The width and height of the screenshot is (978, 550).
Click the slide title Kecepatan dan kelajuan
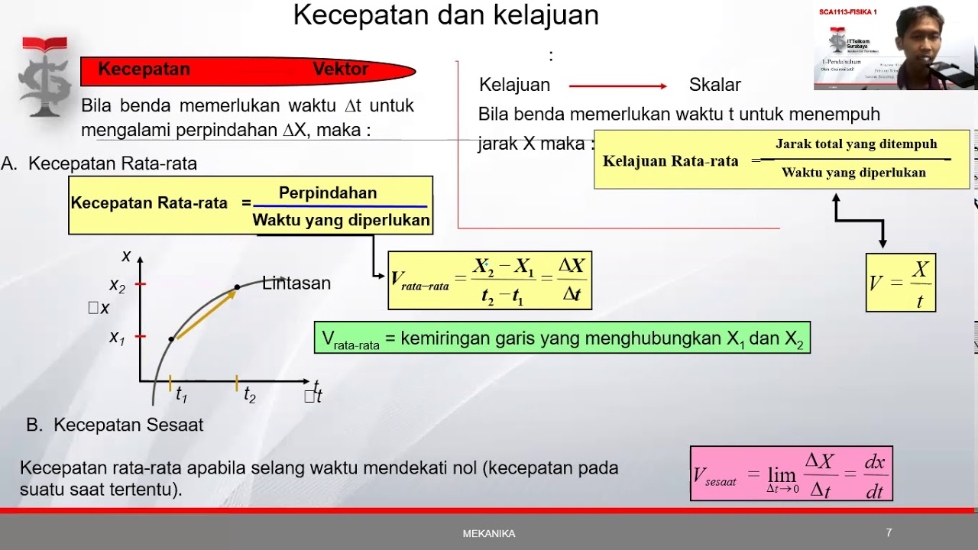click(445, 15)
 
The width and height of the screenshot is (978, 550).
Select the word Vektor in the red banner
click(341, 70)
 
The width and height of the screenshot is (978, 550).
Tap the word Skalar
click(714, 85)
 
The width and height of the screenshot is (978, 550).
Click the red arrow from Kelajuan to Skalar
click(617, 86)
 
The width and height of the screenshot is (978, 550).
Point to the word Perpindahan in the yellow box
click(328, 193)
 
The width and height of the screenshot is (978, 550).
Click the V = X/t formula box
click(900, 283)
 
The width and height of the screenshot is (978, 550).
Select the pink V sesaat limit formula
click(791, 474)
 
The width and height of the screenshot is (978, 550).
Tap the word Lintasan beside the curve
click(296, 283)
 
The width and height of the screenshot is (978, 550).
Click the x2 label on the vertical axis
click(117, 286)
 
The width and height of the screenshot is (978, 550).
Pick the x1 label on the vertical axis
click(117, 337)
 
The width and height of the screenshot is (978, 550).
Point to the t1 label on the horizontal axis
click(181, 395)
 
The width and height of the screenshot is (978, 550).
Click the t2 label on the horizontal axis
click(249, 395)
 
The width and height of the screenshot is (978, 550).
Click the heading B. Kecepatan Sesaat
click(115, 425)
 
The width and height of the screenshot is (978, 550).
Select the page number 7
click(889, 533)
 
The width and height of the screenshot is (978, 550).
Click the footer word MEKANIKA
click(489, 534)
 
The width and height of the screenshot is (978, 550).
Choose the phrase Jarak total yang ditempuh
click(856, 144)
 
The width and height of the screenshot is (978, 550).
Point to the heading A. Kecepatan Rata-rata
click(99, 163)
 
